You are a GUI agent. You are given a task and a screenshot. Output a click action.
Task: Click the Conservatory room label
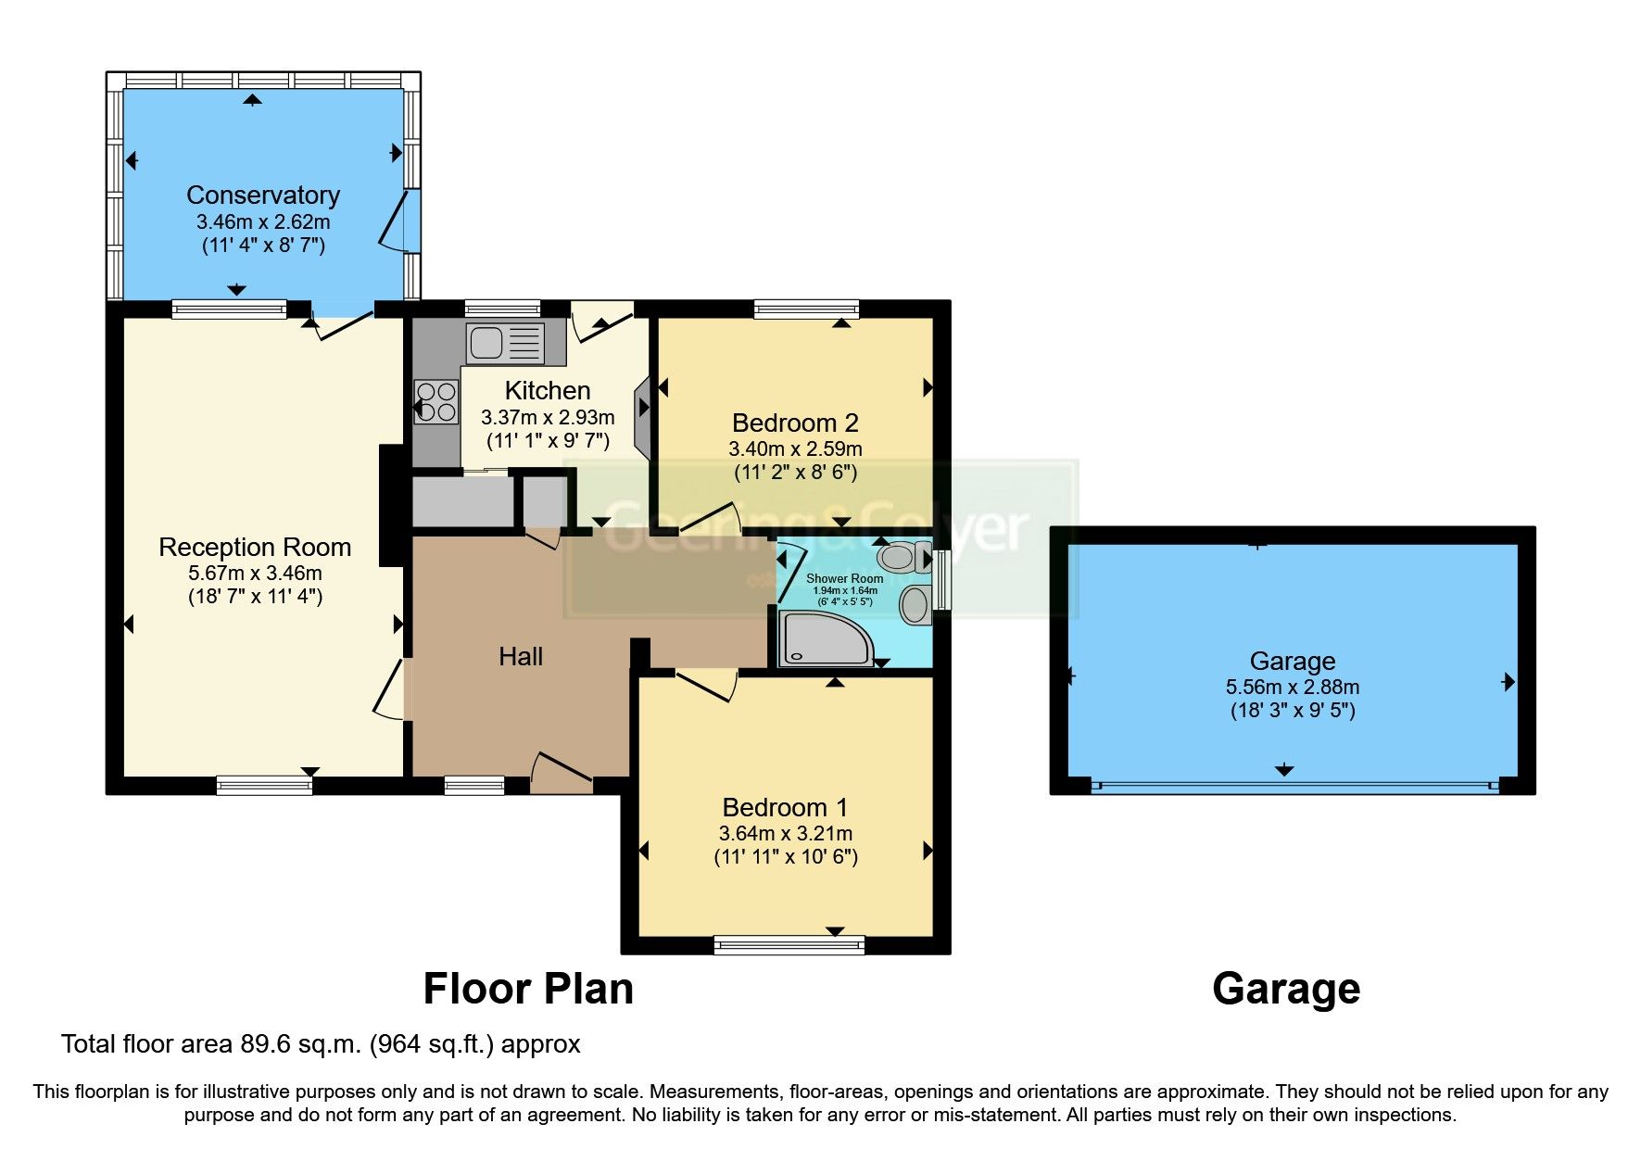click(x=262, y=196)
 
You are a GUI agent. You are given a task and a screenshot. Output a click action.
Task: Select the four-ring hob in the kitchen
click(x=435, y=402)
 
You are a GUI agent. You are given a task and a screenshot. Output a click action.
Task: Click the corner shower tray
click(x=823, y=638)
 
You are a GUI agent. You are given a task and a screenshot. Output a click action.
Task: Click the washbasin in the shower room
click(x=915, y=604)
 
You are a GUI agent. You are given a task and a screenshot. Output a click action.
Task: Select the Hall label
click(x=520, y=657)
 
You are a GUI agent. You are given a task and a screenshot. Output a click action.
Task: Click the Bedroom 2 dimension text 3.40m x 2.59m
click(x=795, y=449)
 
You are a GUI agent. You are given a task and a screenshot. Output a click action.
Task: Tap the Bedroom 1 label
click(x=785, y=807)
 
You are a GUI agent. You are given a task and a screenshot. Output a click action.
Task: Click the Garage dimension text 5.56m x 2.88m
click(x=1292, y=688)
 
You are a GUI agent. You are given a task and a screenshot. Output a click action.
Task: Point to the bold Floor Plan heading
click(x=528, y=989)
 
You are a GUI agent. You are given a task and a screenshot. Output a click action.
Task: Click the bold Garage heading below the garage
click(x=1285, y=989)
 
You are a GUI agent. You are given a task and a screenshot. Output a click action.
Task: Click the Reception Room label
click(x=255, y=548)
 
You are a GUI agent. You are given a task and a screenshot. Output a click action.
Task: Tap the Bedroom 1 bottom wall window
click(x=789, y=944)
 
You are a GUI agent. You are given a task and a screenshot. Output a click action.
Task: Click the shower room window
click(x=941, y=580)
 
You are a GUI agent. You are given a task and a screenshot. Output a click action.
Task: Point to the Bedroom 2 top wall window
click(x=806, y=309)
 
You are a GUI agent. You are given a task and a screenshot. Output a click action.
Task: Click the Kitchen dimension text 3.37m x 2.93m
click(x=548, y=418)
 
